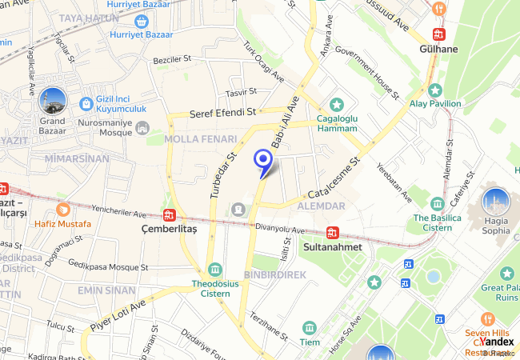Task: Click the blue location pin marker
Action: pos(262,161)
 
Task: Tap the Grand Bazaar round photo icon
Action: pos(52,101)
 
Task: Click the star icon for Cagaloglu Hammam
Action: pos(337,104)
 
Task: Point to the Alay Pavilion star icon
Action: pos(434,90)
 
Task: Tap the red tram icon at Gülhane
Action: pos(438,34)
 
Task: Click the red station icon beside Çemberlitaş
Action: pos(169,214)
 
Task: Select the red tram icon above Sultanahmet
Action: pos(333,233)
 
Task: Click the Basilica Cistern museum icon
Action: pos(437,203)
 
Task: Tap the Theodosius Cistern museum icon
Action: pos(214,270)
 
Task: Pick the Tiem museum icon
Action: pos(310,328)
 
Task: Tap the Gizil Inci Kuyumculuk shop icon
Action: pos(86,103)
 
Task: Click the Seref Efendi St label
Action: pos(222,114)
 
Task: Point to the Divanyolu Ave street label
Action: pos(280,229)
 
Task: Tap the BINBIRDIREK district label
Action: pos(275,274)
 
